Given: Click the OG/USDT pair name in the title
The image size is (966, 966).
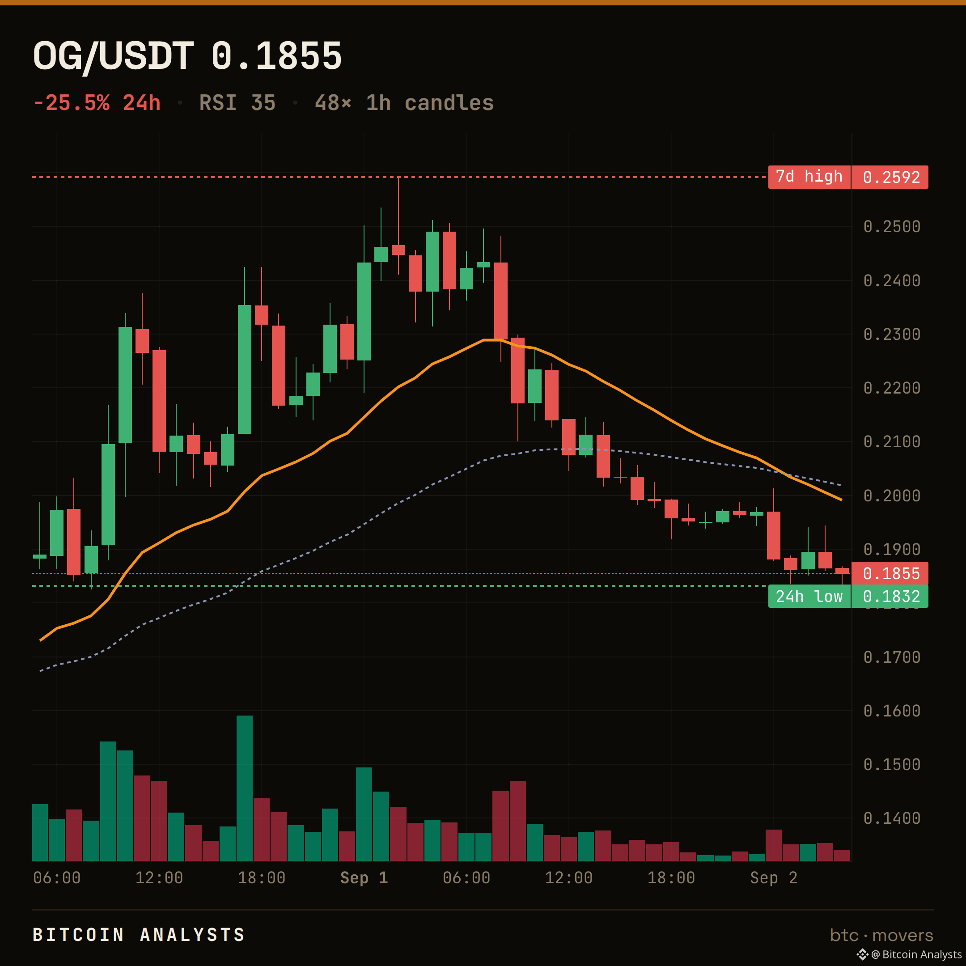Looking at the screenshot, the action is (x=113, y=55).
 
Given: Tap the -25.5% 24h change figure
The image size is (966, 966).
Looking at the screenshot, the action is (x=97, y=103).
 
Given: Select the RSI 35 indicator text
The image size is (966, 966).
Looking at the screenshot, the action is (x=237, y=103).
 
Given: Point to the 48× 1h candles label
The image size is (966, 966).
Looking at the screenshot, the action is (x=404, y=103).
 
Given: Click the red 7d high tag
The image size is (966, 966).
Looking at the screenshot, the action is (x=809, y=177).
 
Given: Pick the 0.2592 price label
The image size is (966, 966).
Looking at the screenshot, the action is (x=890, y=177).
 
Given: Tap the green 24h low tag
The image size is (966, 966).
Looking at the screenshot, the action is (x=809, y=597).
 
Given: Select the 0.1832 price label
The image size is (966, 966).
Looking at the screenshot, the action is (x=890, y=597).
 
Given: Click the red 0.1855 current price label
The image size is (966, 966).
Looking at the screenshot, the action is (x=890, y=573).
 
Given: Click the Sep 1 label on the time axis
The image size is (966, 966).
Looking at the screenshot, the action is (x=364, y=877).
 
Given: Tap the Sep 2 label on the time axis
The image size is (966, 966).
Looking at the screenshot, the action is (x=774, y=877).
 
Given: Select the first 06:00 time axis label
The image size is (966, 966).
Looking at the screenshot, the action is (x=57, y=877).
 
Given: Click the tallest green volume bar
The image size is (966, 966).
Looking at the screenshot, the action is (x=245, y=788).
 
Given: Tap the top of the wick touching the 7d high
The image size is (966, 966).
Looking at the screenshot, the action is (x=398, y=178).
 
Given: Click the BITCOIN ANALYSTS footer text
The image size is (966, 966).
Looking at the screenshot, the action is (x=139, y=935).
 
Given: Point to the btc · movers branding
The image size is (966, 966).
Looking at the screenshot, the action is (x=881, y=935).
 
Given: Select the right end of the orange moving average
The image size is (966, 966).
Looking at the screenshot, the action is (x=842, y=500).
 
